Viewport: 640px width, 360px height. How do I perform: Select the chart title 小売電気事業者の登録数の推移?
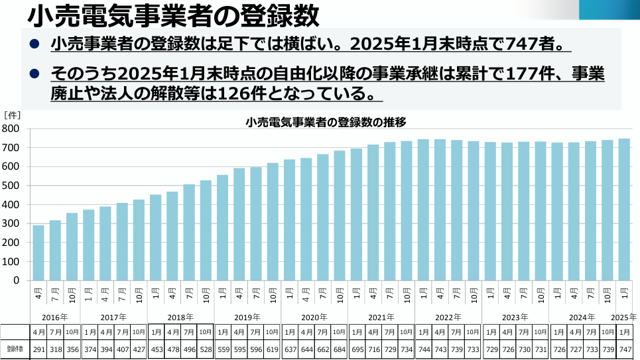[326, 122]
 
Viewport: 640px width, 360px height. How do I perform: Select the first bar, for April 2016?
[38, 253]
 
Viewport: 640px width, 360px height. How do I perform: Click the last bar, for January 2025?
[624, 209]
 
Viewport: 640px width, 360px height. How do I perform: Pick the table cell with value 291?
[38, 349]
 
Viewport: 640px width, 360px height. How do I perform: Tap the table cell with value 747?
[624, 349]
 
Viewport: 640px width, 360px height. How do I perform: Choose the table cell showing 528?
[206, 349]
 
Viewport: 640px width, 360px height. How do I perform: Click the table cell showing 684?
[339, 349]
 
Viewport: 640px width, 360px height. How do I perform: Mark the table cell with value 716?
[373, 349]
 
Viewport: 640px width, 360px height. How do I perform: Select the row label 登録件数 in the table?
[15, 349]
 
